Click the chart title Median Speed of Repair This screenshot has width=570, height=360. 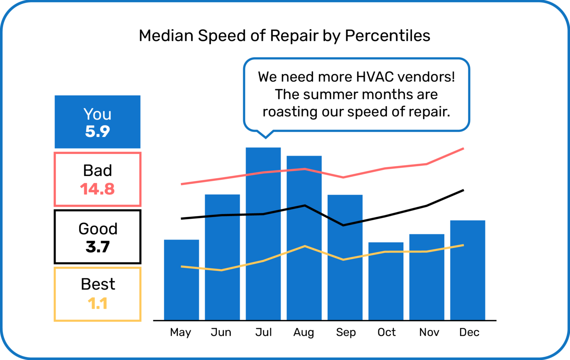(284, 36)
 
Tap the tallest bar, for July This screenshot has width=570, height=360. (263, 234)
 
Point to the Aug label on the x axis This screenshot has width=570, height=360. (304, 332)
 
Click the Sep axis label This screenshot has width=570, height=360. (346, 332)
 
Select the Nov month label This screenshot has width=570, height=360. (429, 332)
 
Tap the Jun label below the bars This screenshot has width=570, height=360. (221, 332)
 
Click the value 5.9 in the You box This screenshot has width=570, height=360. (98, 131)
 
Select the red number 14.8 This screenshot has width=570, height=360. (97, 189)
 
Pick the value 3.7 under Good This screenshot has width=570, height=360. (98, 247)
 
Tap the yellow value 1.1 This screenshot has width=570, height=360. (98, 304)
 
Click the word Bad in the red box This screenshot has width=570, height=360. (97, 171)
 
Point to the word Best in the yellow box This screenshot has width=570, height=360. (98, 284)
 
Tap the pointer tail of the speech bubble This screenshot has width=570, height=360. (265, 134)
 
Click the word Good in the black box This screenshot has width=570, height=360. (98, 229)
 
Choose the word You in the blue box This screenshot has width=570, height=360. (97, 114)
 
